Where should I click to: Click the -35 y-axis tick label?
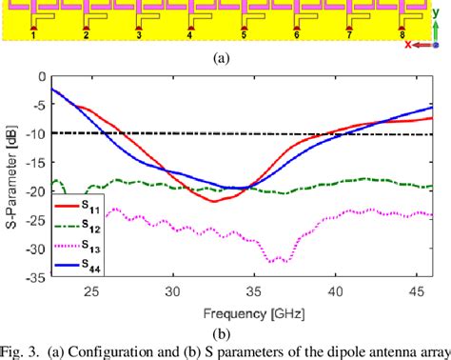[x=36, y=281]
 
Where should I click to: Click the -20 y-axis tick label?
[x=36, y=192]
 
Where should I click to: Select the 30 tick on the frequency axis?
[x=172, y=293]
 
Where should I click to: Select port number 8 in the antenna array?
[x=402, y=36]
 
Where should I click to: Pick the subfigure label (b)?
[x=225, y=332]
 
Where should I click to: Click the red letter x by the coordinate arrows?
[x=408, y=45]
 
